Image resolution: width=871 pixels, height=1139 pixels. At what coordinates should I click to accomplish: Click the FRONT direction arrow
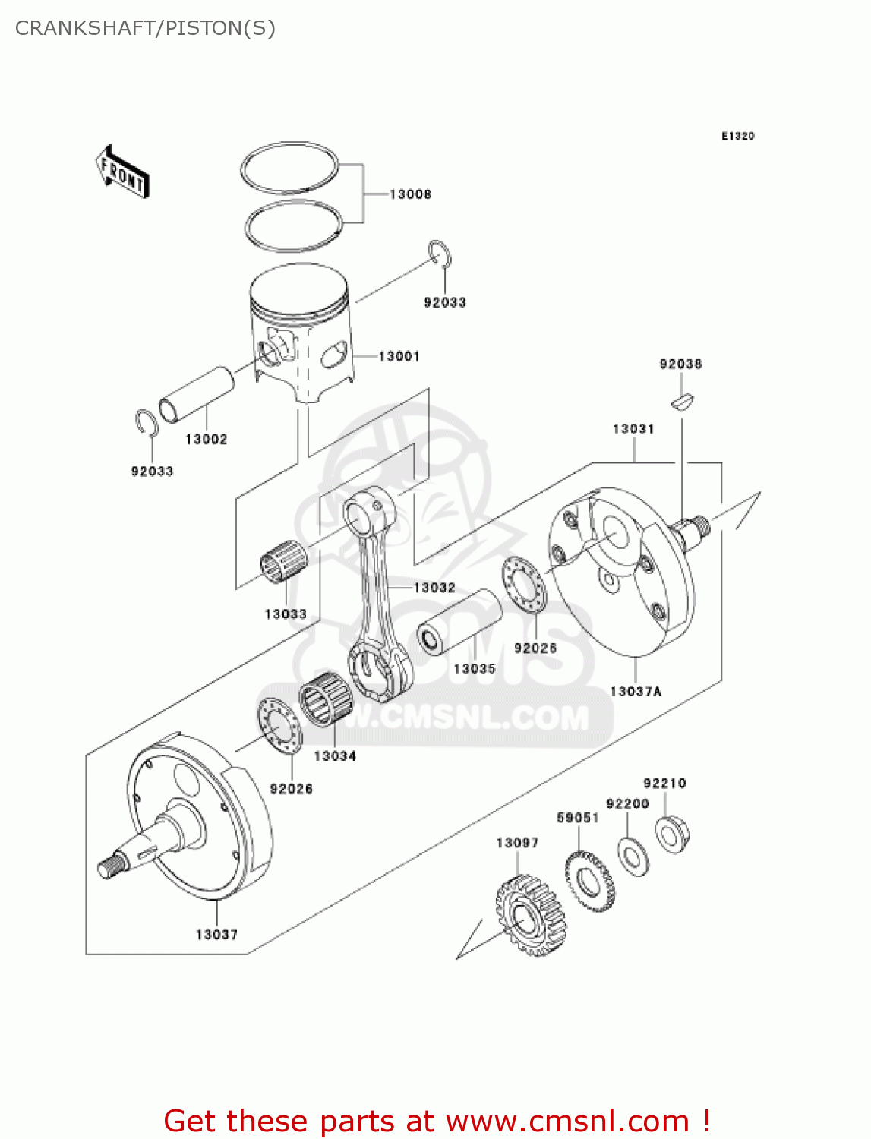point(121,172)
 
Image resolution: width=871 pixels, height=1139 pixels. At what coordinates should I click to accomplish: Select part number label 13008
point(410,194)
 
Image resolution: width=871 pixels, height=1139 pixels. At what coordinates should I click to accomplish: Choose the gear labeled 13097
point(532,915)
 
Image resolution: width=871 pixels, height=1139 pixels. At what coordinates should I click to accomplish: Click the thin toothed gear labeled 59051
point(590,881)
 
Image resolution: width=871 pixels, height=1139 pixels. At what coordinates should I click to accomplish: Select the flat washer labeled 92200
point(633,857)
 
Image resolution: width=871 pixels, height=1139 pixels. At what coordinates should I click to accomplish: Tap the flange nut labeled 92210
point(672,835)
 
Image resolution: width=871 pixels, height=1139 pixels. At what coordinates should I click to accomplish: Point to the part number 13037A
point(635,691)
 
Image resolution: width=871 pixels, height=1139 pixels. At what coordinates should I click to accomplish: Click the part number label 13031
point(633,429)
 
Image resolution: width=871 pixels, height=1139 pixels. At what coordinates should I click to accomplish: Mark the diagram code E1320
point(737,136)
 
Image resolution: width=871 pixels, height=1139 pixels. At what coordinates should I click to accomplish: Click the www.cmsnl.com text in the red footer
point(566,1121)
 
